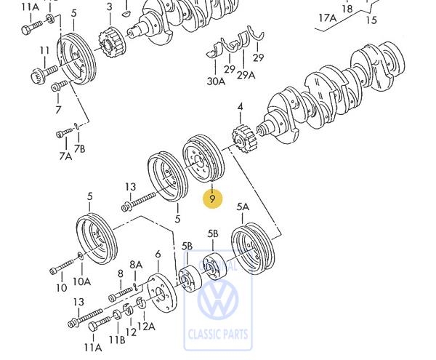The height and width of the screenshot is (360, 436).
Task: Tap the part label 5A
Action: (x=243, y=207)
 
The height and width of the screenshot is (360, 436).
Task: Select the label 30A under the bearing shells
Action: (x=216, y=81)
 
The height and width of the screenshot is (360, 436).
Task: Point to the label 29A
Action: (x=246, y=76)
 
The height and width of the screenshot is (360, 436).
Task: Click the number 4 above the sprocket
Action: (x=240, y=108)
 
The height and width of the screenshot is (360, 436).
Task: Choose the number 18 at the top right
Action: (x=347, y=9)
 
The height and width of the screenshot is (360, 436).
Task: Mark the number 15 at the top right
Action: (x=371, y=20)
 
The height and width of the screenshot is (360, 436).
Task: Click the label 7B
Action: (x=81, y=148)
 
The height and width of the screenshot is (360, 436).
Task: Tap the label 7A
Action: (x=65, y=156)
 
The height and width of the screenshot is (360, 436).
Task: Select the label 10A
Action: (x=81, y=281)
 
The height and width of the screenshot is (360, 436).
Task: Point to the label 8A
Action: (x=136, y=265)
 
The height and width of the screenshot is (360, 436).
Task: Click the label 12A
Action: (x=147, y=327)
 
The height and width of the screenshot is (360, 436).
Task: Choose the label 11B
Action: (x=117, y=339)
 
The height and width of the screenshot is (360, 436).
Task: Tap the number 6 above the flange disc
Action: (x=158, y=254)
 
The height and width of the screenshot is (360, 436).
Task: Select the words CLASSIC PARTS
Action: (x=217, y=335)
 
